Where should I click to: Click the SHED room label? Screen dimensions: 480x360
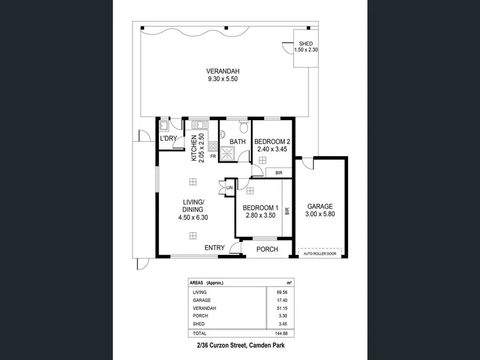(x=306, y=44)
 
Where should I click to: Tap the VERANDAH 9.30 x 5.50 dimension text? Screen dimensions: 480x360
(x=223, y=79)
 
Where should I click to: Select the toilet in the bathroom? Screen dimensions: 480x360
(x=244, y=127)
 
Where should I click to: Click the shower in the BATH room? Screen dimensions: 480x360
(x=227, y=153)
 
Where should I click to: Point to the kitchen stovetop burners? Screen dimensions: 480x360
(x=213, y=146)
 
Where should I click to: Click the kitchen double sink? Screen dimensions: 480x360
(x=200, y=125)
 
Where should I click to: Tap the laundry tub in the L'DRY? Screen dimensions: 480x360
(x=164, y=125)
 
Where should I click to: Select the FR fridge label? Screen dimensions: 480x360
(x=213, y=157)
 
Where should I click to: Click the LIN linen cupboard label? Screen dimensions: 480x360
(x=229, y=188)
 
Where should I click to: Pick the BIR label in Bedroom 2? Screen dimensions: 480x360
(x=278, y=173)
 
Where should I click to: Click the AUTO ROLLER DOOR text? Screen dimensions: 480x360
(x=320, y=254)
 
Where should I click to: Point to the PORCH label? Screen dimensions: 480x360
(x=267, y=250)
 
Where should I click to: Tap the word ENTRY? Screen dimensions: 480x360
(x=215, y=248)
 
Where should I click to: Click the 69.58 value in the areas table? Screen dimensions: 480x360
(x=282, y=292)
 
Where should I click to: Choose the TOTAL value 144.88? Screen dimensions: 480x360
(x=281, y=334)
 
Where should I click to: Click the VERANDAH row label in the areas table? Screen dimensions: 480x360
(x=204, y=308)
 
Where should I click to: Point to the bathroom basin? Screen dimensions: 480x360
(x=222, y=134)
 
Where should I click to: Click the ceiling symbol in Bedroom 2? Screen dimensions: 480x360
(x=262, y=160)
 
